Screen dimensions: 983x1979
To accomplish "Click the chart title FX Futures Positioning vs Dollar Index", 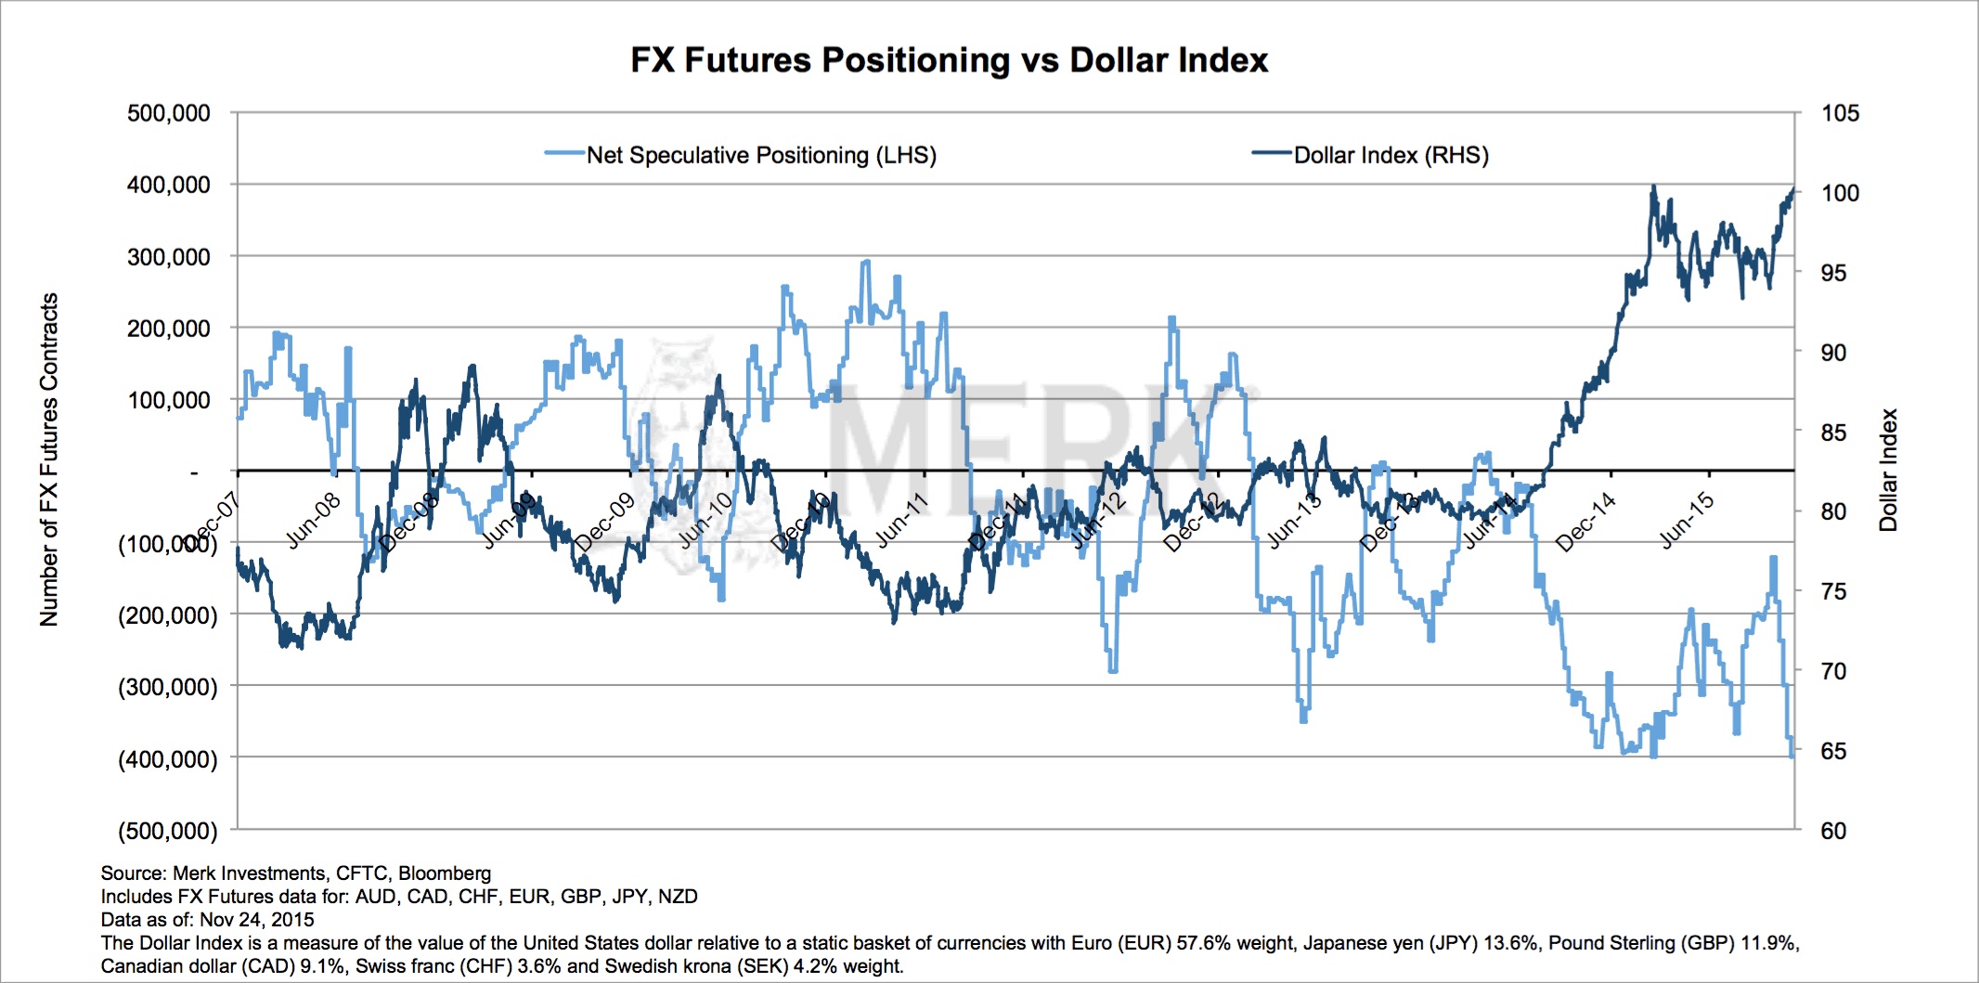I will point(949,60).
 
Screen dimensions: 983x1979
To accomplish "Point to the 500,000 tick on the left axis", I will point(169,113).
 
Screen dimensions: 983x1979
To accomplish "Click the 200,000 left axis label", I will point(169,329).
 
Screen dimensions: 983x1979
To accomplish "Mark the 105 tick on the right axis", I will point(1840,113).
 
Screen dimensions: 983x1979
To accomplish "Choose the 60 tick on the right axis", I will point(1833,831).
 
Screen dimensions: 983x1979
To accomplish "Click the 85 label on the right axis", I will point(1833,433).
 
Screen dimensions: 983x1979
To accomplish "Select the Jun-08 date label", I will point(313,521).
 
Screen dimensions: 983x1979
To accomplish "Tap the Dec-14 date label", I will point(1585,524).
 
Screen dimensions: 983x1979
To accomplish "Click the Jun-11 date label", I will point(901,521).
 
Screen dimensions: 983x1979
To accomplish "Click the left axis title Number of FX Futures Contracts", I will point(49,459).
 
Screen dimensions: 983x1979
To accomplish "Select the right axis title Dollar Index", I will point(1888,470).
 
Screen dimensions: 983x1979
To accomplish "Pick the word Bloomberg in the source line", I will point(445,873).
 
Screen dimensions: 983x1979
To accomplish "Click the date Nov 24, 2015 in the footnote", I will point(257,920).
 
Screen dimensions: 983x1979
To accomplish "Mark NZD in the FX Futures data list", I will point(678,897).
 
